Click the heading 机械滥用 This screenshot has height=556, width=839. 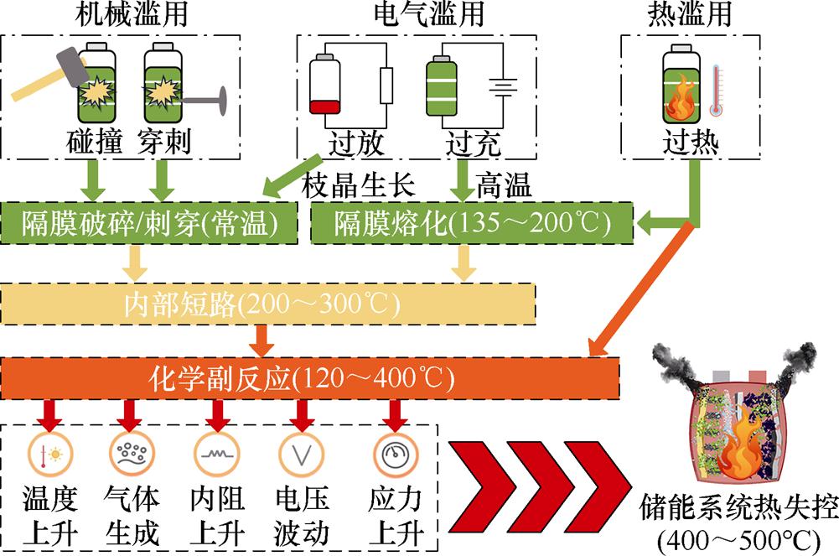point(123,14)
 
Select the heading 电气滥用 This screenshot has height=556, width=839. point(417,14)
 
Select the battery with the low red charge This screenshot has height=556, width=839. point(324,84)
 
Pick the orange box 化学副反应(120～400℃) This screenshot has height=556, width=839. point(311,378)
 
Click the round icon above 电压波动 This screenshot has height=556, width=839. point(297,455)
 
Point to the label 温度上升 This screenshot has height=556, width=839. point(49,515)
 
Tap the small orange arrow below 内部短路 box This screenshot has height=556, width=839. point(262,339)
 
